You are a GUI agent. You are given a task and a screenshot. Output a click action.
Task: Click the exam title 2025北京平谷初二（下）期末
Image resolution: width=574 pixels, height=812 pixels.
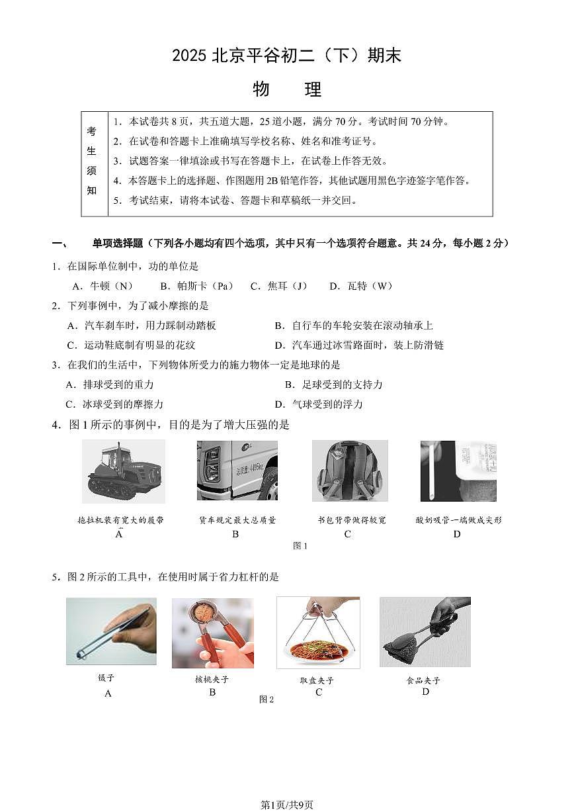[x=287, y=56]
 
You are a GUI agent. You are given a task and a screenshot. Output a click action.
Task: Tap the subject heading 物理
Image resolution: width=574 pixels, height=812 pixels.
[x=287, y=89]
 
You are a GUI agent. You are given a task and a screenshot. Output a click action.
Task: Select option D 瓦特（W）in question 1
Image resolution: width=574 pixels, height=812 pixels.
[x=361, y=286]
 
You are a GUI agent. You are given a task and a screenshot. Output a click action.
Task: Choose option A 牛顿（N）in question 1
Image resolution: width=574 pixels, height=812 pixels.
[x=102, y=286]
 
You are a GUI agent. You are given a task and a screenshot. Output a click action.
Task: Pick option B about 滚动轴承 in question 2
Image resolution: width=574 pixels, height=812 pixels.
[x=354, y=326]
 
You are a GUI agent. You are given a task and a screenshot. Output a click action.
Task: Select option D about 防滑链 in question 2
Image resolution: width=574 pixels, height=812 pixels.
[x=359, y=345]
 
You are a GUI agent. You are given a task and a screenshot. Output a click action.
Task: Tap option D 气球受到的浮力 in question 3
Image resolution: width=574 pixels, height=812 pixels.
[x=319, y=404]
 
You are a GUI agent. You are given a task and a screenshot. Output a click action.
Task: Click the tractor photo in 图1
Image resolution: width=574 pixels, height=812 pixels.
[x=123, y=471]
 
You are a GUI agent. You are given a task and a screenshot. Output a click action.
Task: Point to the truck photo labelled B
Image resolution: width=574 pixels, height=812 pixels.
[x=237, y=470]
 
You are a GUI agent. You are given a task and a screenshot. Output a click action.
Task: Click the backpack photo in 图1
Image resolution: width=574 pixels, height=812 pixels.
[x=350, y=471]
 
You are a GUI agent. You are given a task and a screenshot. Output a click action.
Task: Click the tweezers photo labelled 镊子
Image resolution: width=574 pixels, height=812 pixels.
[x=111, y=631]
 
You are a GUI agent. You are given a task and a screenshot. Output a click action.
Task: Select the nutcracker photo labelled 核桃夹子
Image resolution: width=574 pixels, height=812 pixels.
[x=212, y=633]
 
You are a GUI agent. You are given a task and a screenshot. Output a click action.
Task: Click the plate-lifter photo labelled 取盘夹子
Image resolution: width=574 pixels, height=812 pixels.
[x=318, y=632]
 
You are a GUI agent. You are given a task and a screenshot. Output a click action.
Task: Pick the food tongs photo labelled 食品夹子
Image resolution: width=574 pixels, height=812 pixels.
[x=425, y=632]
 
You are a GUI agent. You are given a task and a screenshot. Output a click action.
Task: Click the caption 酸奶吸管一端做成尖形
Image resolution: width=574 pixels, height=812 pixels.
[x=458, y=520]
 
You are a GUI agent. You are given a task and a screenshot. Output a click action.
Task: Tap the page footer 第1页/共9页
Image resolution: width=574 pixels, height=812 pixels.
[x=287, y=805]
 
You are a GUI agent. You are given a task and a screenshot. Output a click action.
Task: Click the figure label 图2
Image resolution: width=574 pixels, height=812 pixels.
[x=266, y=699]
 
